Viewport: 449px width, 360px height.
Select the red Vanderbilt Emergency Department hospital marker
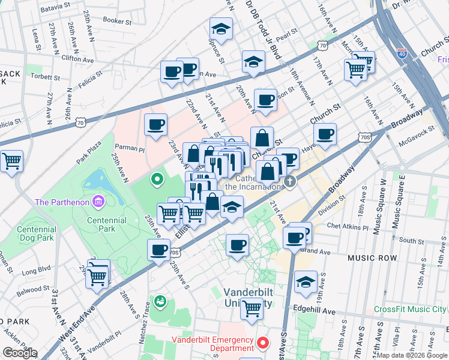point(262,343)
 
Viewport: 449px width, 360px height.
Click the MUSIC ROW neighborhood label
point(372,257)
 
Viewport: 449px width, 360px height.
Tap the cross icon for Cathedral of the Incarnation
point(290,181)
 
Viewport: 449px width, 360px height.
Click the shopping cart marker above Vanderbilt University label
point(252,308)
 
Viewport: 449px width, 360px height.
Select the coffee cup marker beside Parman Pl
point(156,125)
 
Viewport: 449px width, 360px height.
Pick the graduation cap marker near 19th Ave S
point(306,281)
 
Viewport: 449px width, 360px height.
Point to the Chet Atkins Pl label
point(348,227)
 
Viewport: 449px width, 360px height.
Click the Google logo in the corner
point(19,352)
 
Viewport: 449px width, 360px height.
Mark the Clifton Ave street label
point(77,59)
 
